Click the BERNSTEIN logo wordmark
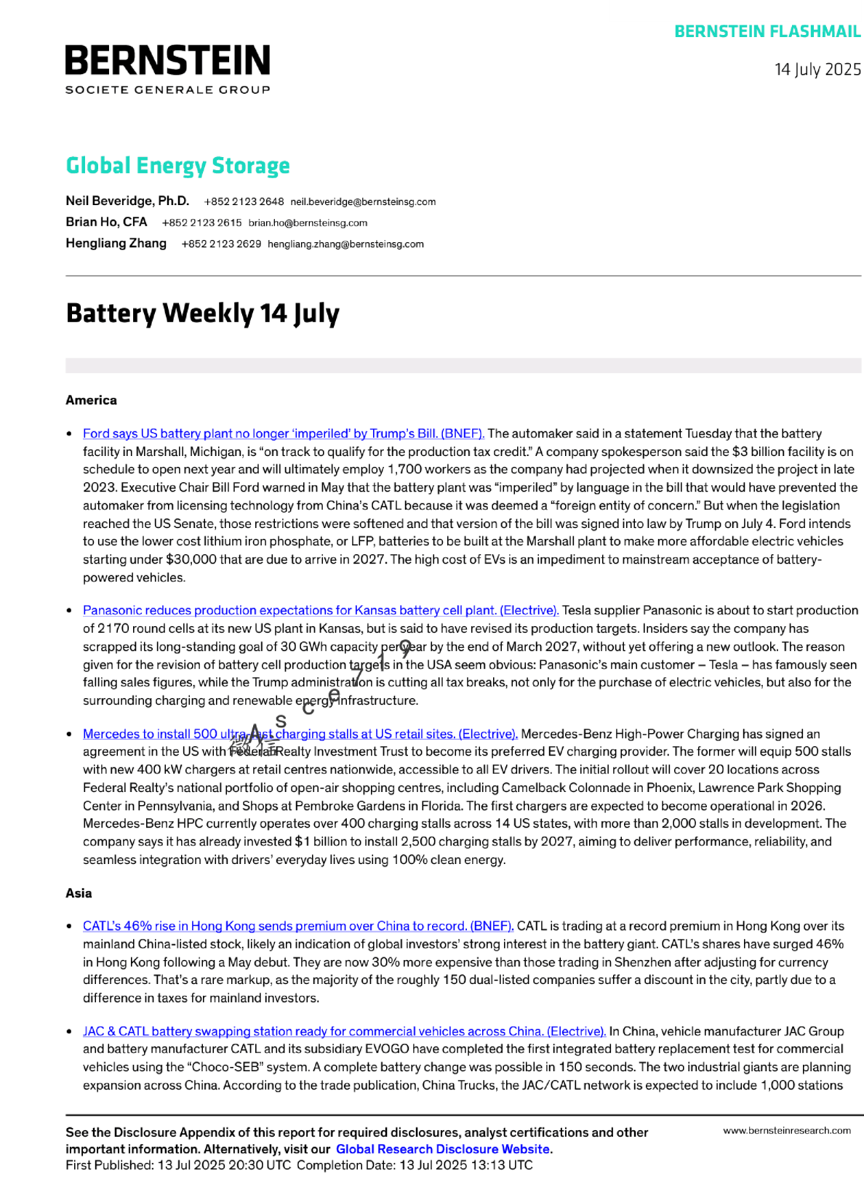[167, 60]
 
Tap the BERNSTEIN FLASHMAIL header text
[767, 32]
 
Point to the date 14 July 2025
[817, 70]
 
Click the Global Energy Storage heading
[177, 166]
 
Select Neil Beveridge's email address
[363, 202]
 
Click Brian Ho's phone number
[201, 223]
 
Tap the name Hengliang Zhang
[116, 244]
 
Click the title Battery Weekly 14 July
[202, 313]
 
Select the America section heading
[91, 401]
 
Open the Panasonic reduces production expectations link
[320, 611]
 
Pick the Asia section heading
[79, 894]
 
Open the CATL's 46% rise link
[298, 927]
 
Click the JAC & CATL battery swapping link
[344, 1032]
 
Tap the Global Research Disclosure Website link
[442, 1150]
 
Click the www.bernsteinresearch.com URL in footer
[786, 1131]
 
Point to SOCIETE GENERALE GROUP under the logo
[167, 90]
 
